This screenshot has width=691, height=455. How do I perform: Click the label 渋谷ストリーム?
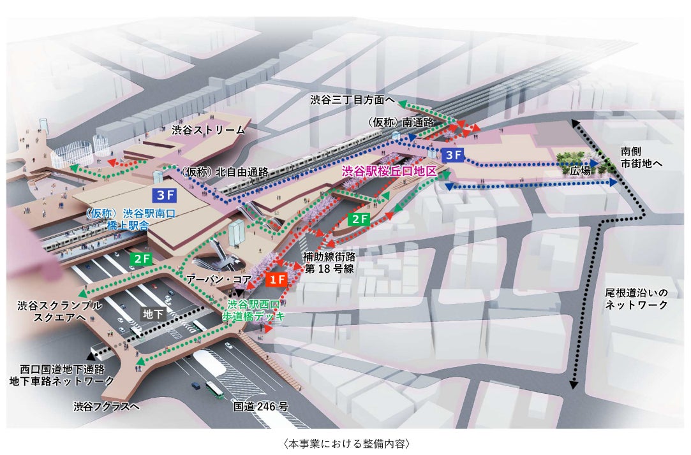point(208,130)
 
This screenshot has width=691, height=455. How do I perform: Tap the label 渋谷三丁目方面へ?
point(350,100)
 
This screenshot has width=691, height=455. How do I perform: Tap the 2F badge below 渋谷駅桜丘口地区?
point(360,219)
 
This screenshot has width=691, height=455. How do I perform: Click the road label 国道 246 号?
point(261,405)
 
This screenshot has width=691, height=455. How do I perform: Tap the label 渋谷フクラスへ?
point(106,405)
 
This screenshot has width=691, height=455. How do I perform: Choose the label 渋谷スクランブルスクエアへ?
point(59,311)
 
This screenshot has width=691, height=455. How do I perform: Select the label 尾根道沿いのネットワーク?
point(637,299)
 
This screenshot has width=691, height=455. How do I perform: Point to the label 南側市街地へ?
point(641,158)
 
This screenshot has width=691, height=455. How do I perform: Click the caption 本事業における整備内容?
point(345,442)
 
